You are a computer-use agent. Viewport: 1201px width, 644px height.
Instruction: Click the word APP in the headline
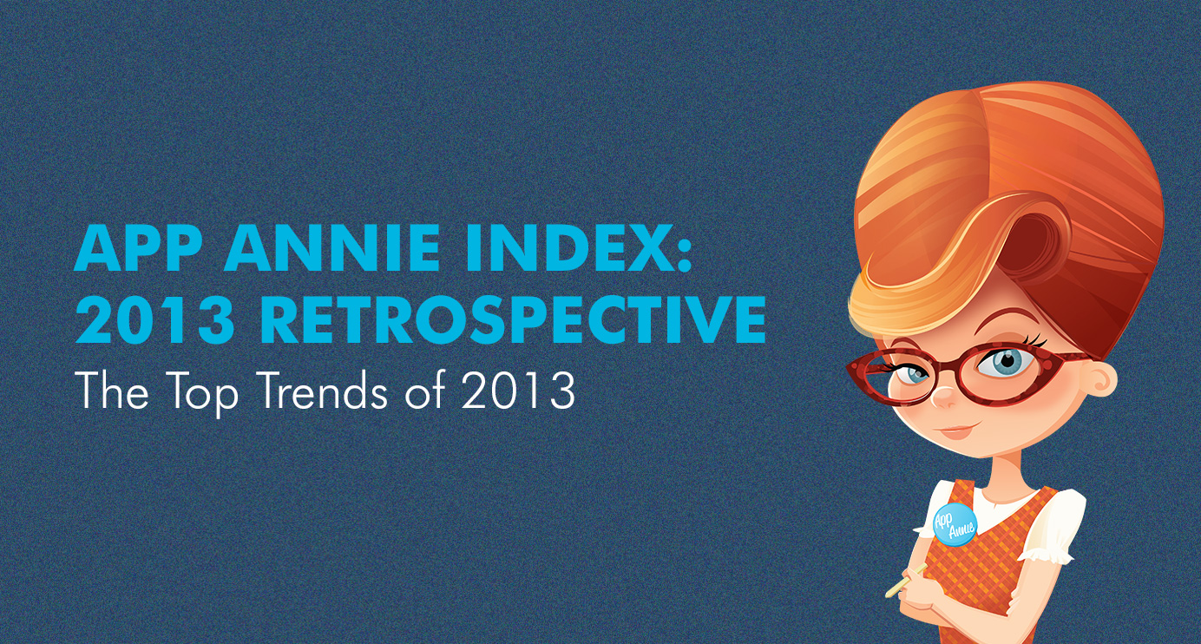(x=138, y=247)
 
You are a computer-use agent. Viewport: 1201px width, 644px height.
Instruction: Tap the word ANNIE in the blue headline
(x=332, y=247)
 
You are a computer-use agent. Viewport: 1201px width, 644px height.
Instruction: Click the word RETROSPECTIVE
(x=513, y=319)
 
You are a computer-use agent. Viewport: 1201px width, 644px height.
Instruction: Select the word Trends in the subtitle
(x=324, y=391)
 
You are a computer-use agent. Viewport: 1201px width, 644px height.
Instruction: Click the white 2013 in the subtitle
(x=518, y=391)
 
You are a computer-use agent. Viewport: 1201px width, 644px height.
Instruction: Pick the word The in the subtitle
(x=113, y=391)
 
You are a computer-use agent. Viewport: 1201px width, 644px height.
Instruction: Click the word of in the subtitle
(x=425, y=390)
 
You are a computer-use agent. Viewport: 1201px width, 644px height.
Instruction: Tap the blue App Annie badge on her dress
(x=955, y=523)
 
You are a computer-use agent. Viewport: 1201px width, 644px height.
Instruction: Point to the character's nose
(x=943, y=398)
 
